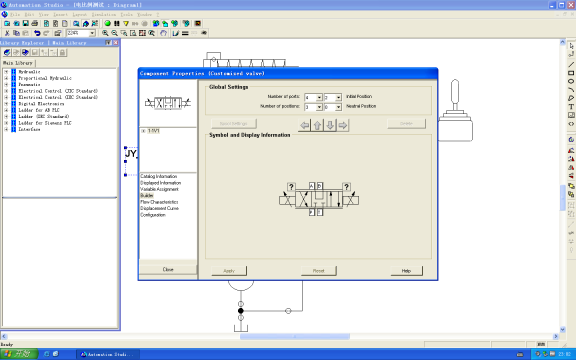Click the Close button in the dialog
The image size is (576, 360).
click(x=167, y=270)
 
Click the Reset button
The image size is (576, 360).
click(x=318, y=271)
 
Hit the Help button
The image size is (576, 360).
click(x=406, y=271)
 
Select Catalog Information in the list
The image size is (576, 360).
click(x=160, y=176)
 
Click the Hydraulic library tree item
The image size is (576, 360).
click(x=28, y=72)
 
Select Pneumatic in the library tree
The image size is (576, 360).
click(x=27, y=85)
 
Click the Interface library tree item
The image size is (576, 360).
click(x=27, y=129)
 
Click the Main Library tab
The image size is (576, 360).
click(x=19, y=62)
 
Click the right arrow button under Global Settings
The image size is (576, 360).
click(x=343, y=125)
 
